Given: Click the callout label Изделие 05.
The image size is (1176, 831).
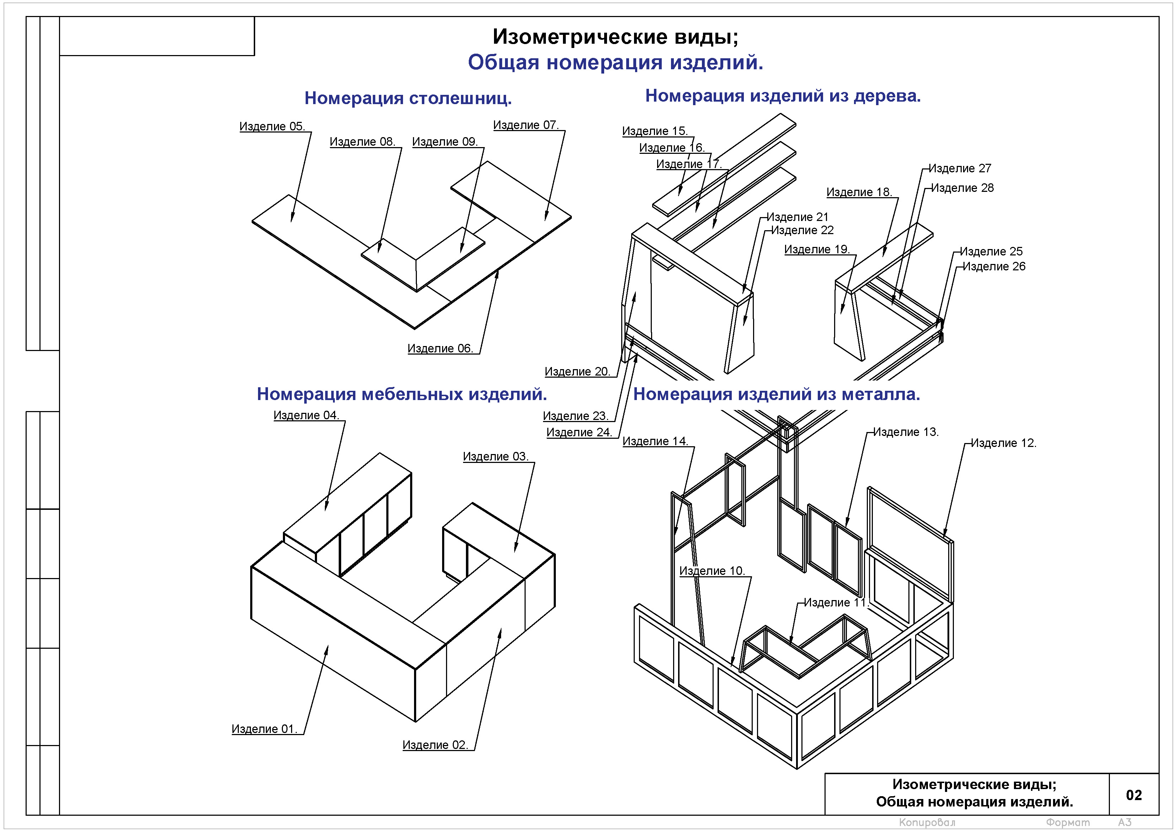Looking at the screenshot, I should (x=272, y=126).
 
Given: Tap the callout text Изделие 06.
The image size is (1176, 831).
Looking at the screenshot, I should (x=440, y=349).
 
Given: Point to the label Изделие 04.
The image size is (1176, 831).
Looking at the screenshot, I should (x=306, y=415).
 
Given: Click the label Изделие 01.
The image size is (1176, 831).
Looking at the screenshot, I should (x=264, y=729).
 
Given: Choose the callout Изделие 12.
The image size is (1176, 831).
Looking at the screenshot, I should (x=1003, y=443).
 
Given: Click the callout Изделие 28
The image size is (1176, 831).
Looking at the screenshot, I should (x=962, y=188).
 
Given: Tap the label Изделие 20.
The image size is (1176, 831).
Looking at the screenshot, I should (x=577, y=372).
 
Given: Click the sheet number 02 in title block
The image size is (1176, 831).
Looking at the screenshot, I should (x=1133, y=795).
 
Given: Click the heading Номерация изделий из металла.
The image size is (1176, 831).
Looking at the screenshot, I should (x=777, y=394).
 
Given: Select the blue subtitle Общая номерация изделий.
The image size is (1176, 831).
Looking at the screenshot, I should (x=615, y=63).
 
